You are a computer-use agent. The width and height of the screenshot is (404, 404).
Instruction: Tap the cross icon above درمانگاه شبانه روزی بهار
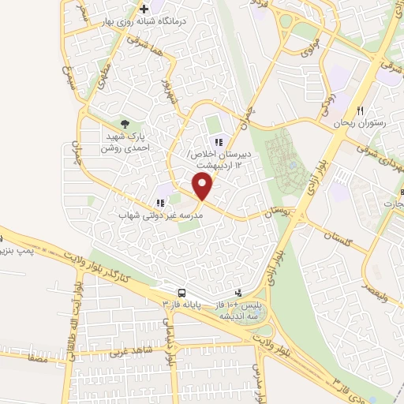pyautogui.click(x=144, y=9)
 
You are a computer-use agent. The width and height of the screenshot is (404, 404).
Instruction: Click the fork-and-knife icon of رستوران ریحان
pyautogui.click(x=361, y=110)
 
